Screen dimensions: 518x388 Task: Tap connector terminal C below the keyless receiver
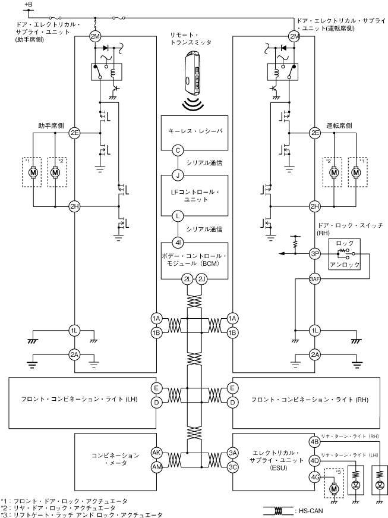point(177,150)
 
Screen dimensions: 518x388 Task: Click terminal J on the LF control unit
point(177,175)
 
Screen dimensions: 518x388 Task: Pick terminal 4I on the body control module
point(177,242)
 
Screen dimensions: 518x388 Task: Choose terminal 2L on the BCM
point(188,279)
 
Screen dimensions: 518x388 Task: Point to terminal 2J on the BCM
point(201,279)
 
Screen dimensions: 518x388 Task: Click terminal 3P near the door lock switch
point(315,253)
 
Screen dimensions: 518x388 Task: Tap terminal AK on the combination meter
point(156,452)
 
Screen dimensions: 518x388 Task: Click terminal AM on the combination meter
point(156,467)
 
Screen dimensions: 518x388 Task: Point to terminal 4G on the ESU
point(315,476)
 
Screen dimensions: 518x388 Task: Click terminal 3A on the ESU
point(233,452)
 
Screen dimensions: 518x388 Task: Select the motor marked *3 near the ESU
point(334,488)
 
